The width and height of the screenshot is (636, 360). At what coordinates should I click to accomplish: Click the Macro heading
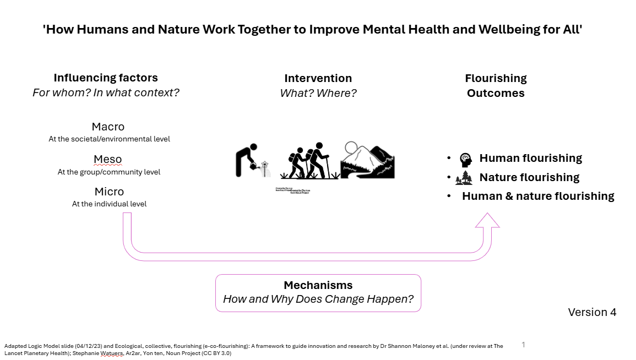click(x=108, y=127)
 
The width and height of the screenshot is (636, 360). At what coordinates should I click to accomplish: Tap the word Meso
click(x=108, y=160)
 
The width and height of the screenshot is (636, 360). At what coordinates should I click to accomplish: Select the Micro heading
click(x=109, y=192)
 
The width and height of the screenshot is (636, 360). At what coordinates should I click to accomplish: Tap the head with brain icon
click(x=466, y=159)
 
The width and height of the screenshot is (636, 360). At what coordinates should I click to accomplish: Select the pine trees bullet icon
click(x=464, y=177)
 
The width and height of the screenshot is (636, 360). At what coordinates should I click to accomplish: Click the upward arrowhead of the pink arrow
click(x=487, y=221)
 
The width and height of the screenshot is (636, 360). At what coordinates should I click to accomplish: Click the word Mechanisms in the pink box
click(x=318, y=285)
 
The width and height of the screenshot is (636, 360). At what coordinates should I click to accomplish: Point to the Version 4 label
click(x=592, y=312)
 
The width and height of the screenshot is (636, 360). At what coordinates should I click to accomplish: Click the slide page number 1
click(x=523, y=345)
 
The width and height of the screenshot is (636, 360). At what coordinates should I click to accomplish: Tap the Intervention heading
click(x=318, y=78)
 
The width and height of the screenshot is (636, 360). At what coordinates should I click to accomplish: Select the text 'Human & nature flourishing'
click(x=538, y=196)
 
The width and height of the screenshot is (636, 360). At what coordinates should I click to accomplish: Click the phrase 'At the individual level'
click(x=109, y=204)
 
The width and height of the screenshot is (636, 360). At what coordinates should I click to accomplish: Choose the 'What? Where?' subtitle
click(x=318, y=93)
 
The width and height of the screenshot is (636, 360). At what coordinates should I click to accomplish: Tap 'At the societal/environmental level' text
click(x=109, y=139)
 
